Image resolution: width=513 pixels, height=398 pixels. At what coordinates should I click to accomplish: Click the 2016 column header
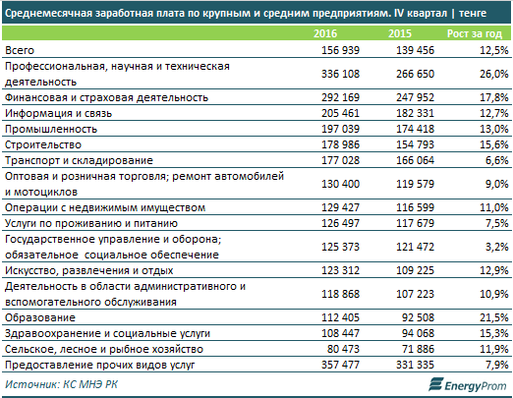[325, 33]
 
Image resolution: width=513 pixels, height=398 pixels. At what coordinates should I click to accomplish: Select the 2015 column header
[400, 33]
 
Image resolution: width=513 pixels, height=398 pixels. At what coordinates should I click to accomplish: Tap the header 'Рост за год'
[475, 33]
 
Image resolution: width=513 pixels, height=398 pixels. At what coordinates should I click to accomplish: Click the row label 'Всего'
[20, 50]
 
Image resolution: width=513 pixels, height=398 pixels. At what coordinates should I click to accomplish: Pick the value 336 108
[340, 74]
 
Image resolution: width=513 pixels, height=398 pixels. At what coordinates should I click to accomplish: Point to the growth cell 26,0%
[494, 74]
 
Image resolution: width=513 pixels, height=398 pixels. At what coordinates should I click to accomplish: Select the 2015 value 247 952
[415, 97]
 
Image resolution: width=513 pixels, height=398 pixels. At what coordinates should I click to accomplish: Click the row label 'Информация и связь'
[58, 113]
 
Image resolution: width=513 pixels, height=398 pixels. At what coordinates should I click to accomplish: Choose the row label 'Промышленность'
[51, 129]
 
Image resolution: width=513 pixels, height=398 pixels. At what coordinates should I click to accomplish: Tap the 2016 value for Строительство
[340, 144]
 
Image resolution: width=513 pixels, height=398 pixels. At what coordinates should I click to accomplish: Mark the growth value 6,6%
[497, 160]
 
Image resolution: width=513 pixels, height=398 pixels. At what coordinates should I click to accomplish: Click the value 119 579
[415, 184]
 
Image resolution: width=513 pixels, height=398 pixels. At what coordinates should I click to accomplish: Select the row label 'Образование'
[40, 317]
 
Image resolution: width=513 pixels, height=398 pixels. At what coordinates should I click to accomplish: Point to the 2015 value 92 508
[418, 317]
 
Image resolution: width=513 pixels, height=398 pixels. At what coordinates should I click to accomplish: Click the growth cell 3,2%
[497, 247]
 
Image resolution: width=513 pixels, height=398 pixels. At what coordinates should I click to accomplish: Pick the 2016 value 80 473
[343, 349]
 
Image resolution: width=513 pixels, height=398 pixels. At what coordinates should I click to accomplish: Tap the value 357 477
[340, 365]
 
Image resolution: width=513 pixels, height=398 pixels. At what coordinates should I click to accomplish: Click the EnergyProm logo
[468, 384]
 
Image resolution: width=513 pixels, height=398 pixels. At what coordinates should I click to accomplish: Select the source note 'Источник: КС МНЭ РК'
[61, 384]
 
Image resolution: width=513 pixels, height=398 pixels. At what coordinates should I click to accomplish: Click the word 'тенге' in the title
[473, 14]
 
